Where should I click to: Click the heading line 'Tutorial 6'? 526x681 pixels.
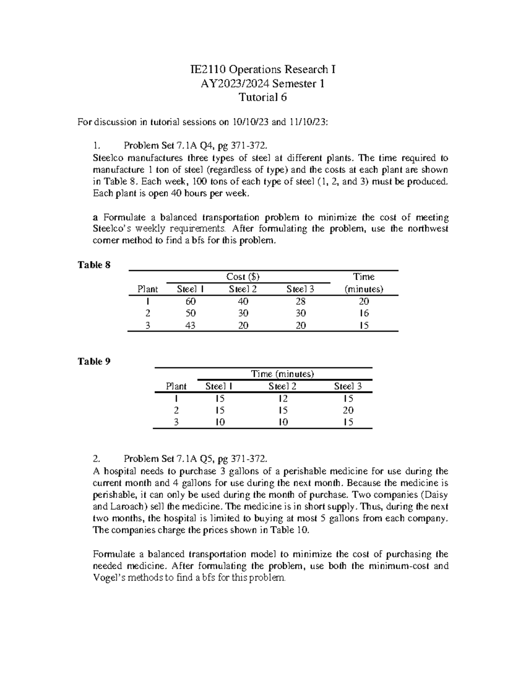tap(263, 97)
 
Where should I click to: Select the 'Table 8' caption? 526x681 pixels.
tap(94, 265)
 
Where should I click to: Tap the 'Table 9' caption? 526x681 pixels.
tap(94, 361)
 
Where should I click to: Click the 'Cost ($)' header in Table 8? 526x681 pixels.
tap(242, 277)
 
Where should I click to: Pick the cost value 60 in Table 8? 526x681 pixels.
tap(190, 301)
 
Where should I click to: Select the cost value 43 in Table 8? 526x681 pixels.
tap(190, 325)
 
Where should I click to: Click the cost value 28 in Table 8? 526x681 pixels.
tap(300, 301)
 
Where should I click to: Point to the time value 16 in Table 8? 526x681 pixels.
tap(363, 313)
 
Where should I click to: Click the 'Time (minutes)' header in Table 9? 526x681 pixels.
tap(282, 374)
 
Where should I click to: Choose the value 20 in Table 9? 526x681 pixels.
tap(348, 410)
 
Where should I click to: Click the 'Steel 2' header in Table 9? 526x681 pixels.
tap(282, 386)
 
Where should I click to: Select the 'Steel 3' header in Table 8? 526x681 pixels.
tap(300, 289)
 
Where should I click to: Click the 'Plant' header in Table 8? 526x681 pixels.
tap(148, 289)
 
